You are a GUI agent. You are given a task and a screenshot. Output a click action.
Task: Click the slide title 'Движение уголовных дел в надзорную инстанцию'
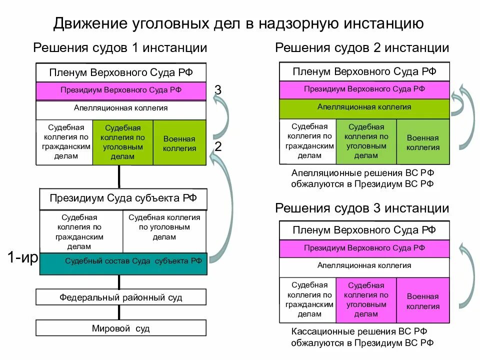click(x=239, y=23)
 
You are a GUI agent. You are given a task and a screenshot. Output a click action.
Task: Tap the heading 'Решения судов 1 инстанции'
click(x=120, y=48)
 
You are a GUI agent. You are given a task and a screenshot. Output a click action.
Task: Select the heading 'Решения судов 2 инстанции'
click(x=362, y=48)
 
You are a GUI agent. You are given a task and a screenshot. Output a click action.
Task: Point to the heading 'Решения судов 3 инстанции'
click(x=362, y=208)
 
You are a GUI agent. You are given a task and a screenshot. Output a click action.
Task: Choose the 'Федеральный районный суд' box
click(x=120, y=297)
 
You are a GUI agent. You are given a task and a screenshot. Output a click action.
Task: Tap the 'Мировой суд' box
click(x=120, y=328)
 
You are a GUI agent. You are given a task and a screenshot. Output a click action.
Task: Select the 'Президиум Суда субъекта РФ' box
click(x=123, y=198)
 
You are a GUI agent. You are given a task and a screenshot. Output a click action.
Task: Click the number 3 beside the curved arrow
click(x=217, y=90)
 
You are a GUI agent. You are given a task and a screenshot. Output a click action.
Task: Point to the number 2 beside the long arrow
click(x=218, y=146)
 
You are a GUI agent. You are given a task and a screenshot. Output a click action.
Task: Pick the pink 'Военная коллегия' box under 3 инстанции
click(x=422, y=300)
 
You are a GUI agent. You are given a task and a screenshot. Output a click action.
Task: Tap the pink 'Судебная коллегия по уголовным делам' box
click(x=366, y=300)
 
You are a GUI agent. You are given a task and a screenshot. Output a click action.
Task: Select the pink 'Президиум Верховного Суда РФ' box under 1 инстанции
click(x=120, y=90)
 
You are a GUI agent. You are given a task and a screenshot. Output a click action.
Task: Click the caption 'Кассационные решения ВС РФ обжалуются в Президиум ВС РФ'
click(x=362, y=337)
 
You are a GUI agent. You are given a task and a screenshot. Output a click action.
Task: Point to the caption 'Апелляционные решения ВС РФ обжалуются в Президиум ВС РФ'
click(x=362, y=178)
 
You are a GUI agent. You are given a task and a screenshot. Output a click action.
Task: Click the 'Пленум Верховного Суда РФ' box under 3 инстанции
click(x=364, y=230)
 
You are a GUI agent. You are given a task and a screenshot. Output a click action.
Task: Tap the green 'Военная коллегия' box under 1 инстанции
click(x=179, y=143)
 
